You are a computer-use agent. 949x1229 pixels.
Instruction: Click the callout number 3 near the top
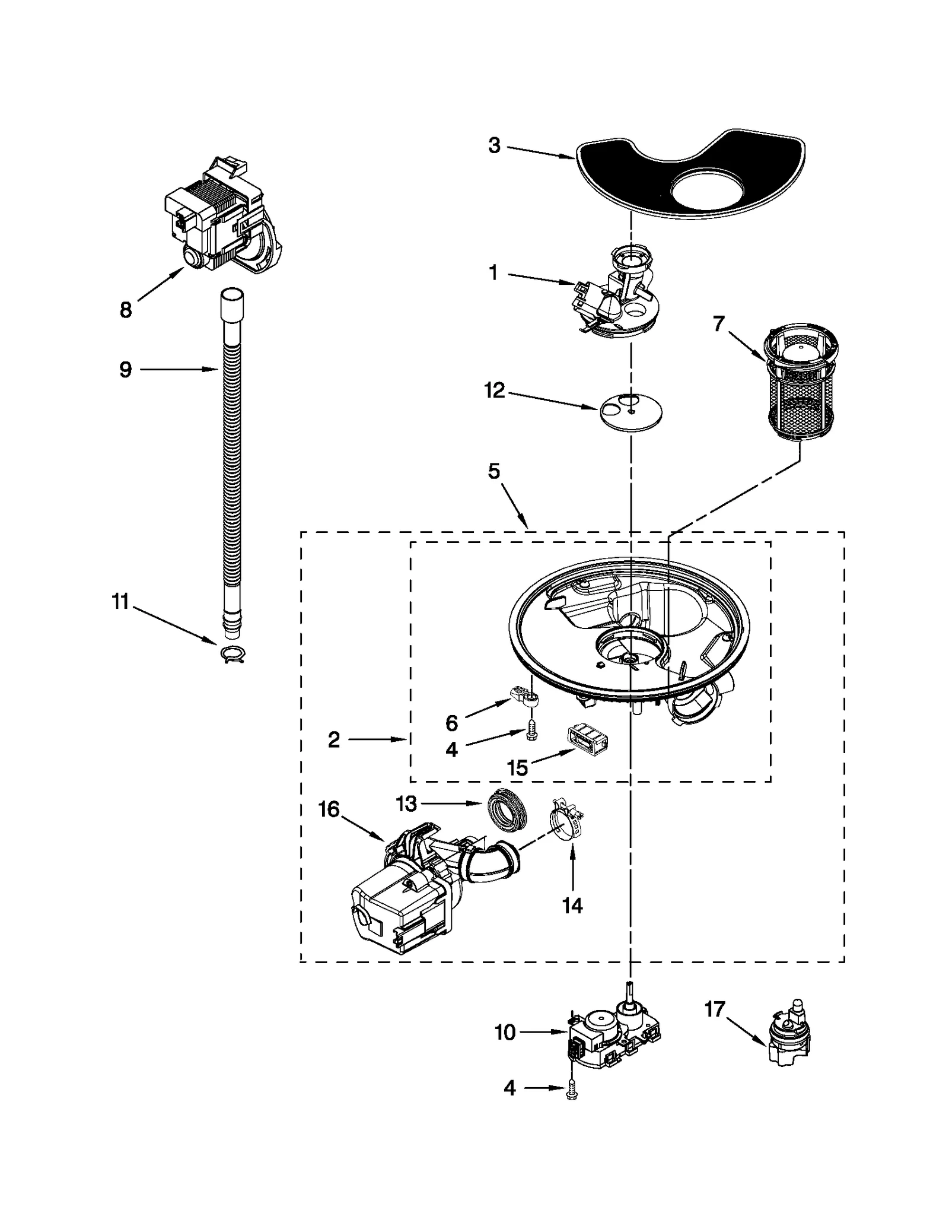494,146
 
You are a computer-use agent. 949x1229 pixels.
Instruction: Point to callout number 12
494,390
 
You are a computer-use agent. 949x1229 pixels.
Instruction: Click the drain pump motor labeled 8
222,220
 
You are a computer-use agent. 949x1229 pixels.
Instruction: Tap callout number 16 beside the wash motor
329,809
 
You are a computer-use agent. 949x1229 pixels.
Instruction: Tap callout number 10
505,1033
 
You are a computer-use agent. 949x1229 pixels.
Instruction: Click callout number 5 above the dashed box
494,472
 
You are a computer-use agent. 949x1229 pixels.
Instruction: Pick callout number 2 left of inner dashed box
334,740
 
